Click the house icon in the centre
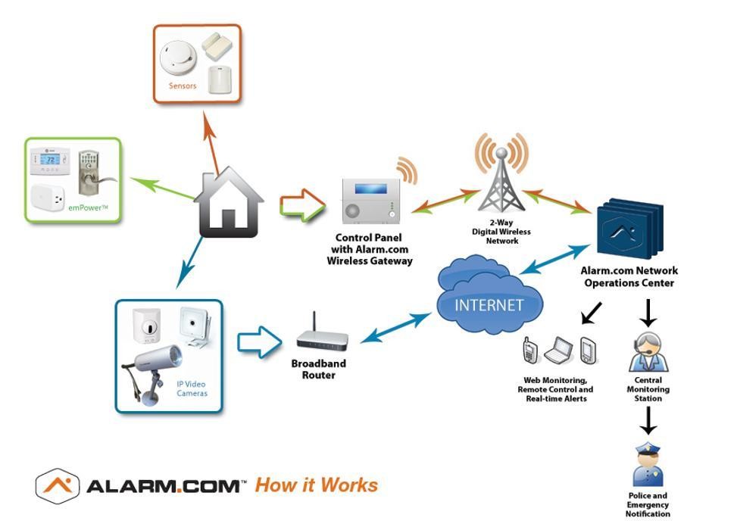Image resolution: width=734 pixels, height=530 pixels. (229, 204)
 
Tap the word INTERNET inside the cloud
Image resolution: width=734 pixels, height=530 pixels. (489, 305)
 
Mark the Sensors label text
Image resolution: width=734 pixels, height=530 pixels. (183, 86)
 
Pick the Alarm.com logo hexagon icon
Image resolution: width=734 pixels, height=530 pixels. (58, 485)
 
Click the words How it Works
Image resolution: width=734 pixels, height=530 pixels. (316, 485)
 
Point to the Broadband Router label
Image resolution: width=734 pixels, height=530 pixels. (319, 369)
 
